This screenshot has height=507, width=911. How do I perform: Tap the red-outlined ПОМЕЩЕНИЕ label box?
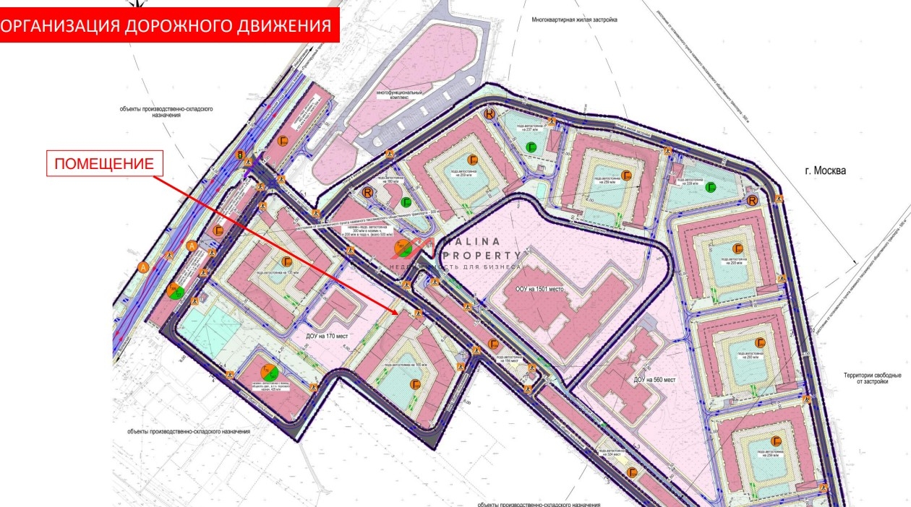click(x=105, y=165)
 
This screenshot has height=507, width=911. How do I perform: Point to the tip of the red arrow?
click(x=397, y=313)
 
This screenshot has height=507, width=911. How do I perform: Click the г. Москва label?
click(x=825, y=171)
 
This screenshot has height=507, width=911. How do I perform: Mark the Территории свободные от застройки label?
click(x=873, y=378)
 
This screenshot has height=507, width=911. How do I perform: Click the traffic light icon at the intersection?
click(x=240, y=155)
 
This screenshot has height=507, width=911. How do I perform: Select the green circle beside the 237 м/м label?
click(x=531, y=148)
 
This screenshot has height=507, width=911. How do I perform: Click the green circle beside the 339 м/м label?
click(x=711, y=188)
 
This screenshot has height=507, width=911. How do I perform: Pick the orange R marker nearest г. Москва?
click(x=753, y=200)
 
